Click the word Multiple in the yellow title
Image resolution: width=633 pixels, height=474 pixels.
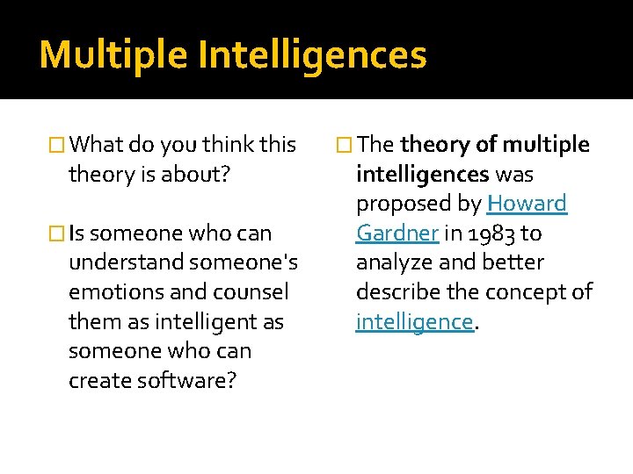[x=113, y=54]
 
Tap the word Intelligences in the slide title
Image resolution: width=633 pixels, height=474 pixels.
[x=312, y=54]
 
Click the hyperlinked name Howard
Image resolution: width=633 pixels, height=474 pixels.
[x=527, y=204]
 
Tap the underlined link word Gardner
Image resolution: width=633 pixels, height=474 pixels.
[x=397, y=233]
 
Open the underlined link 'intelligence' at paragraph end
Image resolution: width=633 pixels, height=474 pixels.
[x=414, y=321]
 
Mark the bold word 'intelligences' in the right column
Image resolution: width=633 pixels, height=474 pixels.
[x=422, y=175]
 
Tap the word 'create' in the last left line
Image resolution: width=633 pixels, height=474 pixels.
[x=99, y=381]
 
